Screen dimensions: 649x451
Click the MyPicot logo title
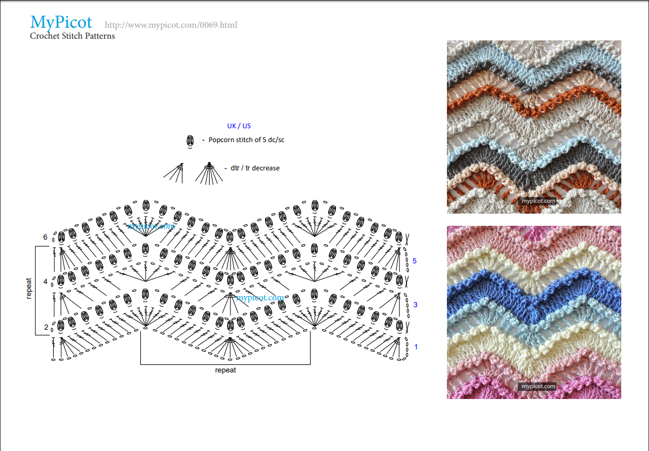61,23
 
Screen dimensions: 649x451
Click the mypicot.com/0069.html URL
171,25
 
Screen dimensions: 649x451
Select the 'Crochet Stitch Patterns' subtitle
72,36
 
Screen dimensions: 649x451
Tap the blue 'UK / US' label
239,126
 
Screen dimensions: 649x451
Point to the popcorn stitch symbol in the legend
190,141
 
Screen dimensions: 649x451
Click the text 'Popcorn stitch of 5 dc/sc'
247,140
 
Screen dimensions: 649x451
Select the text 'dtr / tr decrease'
255,168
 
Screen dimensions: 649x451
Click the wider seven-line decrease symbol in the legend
209,173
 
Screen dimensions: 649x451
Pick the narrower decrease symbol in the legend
174,173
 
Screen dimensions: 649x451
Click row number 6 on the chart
45,237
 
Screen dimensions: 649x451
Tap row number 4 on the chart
45,282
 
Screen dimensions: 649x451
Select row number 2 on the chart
46,327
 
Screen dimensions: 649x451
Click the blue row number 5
415,261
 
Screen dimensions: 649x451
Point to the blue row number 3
415,305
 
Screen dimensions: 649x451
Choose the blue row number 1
416,347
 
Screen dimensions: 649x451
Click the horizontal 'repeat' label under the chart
226,370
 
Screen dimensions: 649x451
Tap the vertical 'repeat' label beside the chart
28,288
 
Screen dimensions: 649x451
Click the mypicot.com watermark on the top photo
538,201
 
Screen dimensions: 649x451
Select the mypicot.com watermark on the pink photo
538,386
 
